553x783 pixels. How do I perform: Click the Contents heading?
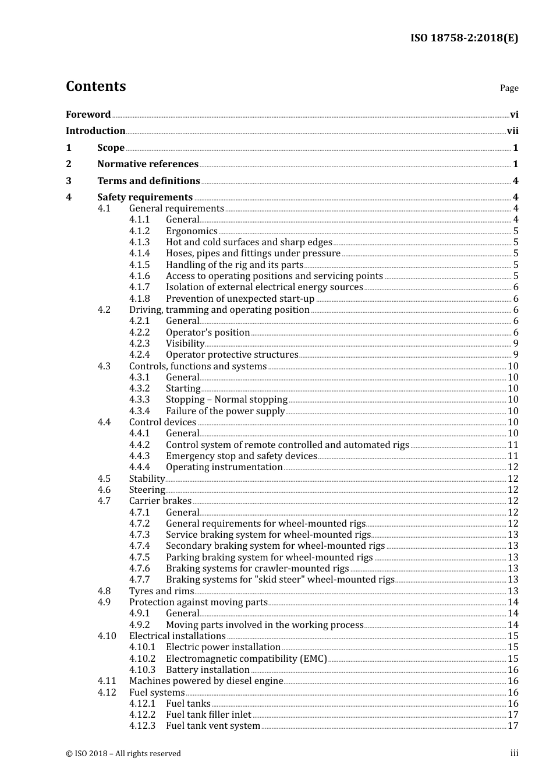point(95,86)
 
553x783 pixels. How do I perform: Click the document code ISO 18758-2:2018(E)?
point(464,38)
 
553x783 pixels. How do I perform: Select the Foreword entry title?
point(88,114)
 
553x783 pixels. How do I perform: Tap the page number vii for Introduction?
point(512,131)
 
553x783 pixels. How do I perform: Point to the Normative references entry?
point(148,164)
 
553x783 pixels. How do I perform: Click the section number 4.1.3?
point(139,242)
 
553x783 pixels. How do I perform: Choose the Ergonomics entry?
point(192,231)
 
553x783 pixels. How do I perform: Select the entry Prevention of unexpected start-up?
point(240,299)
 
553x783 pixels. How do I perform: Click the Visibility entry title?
point(185,344)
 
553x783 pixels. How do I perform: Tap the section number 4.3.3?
point(139,400)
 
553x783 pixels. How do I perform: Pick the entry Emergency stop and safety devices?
point(241,456)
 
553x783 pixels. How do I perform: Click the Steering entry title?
point(147,490)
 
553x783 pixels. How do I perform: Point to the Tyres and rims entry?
point(161,591)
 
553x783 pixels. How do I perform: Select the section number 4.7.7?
point(139,580)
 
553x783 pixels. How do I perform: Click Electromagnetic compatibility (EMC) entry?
point(246,659)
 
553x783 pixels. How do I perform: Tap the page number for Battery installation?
point(513,670)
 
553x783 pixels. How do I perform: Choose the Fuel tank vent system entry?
point(213,726)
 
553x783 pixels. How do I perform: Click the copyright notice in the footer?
point(123,754)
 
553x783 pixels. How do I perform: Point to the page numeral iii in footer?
point(514,753)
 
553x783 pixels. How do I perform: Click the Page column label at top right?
point(509,88)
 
